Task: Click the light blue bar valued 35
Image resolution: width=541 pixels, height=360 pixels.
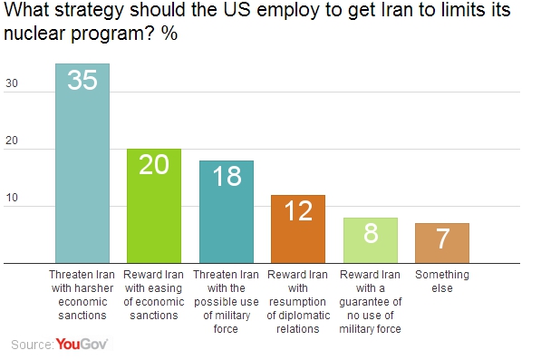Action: point(82,163)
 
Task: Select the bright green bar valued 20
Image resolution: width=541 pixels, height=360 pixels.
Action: point(154,206)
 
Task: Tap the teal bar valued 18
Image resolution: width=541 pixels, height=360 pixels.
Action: point(226,212)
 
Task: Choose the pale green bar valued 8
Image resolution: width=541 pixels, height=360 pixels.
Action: point(370,240)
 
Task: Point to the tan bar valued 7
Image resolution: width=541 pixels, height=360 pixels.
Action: point(441,243)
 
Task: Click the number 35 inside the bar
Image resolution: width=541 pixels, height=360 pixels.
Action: point(82,82)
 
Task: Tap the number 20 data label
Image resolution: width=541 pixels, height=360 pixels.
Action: point(154,166)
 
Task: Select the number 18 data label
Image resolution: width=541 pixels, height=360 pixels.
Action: point(226,177)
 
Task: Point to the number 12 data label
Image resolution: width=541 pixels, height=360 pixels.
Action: point(298,211)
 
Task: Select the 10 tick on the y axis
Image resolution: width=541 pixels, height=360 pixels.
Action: point(12,207)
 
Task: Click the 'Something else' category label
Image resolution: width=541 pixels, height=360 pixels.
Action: point(441,280)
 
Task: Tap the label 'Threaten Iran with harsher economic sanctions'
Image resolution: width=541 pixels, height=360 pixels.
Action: point(82,294)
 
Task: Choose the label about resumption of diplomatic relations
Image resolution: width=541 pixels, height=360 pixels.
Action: point(298,301)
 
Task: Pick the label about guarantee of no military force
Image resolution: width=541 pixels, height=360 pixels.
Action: point(370,301)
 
